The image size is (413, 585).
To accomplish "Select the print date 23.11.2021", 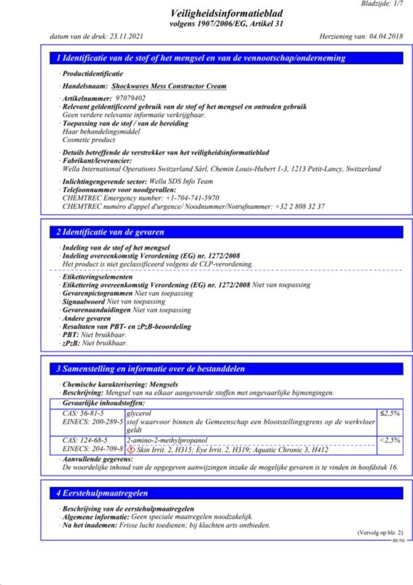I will [x=128, y=36].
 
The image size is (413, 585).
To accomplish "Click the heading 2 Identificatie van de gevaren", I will [x=110, y=233].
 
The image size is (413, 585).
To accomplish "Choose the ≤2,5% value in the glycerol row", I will [x=390, y=413].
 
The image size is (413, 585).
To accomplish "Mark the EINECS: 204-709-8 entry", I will [x=92, y=449].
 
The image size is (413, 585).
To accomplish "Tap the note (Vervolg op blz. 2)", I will [x=381, y=533].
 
